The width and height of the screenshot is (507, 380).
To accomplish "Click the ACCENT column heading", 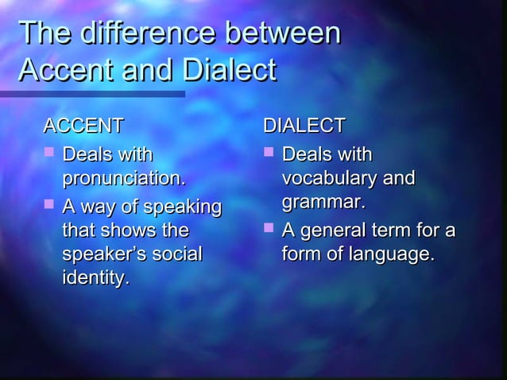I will tap(83, 126).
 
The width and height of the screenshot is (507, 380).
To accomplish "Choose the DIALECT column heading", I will tap(304, 126).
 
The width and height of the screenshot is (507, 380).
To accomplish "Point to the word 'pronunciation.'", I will tap(125, 176).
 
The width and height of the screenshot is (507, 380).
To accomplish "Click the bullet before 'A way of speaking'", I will tap(48, 207).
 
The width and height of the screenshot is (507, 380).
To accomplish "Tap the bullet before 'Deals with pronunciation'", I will tap(48, 151).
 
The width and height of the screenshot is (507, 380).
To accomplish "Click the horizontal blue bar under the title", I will tap(92, 94).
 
